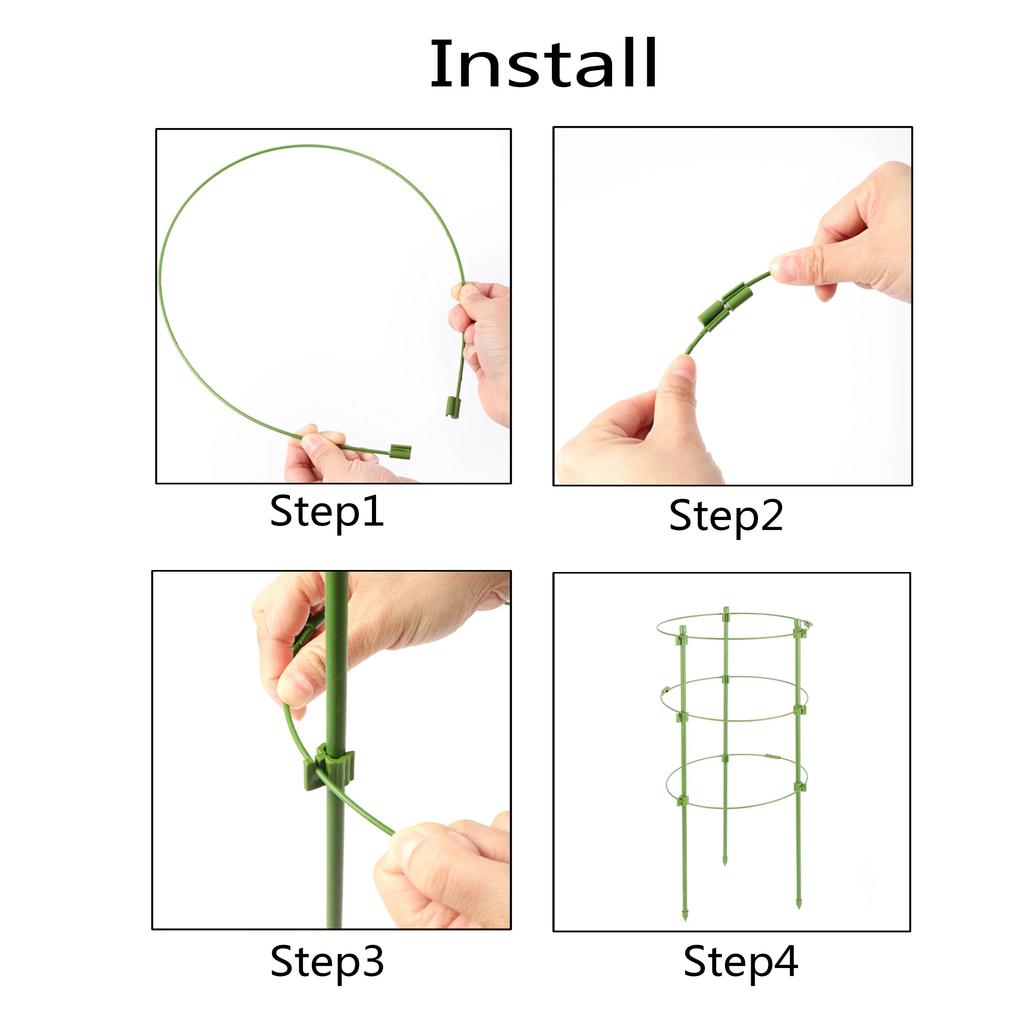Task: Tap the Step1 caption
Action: pos(327,512)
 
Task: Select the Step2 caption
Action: pos(726,516)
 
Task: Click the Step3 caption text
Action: pos(327,962)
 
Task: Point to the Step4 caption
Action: pos(741,962)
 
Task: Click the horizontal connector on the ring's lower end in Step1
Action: pos(399,451)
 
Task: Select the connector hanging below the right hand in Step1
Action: pos(453,406)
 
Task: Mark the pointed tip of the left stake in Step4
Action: pos(686,914)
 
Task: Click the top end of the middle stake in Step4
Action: pos(726,610)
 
